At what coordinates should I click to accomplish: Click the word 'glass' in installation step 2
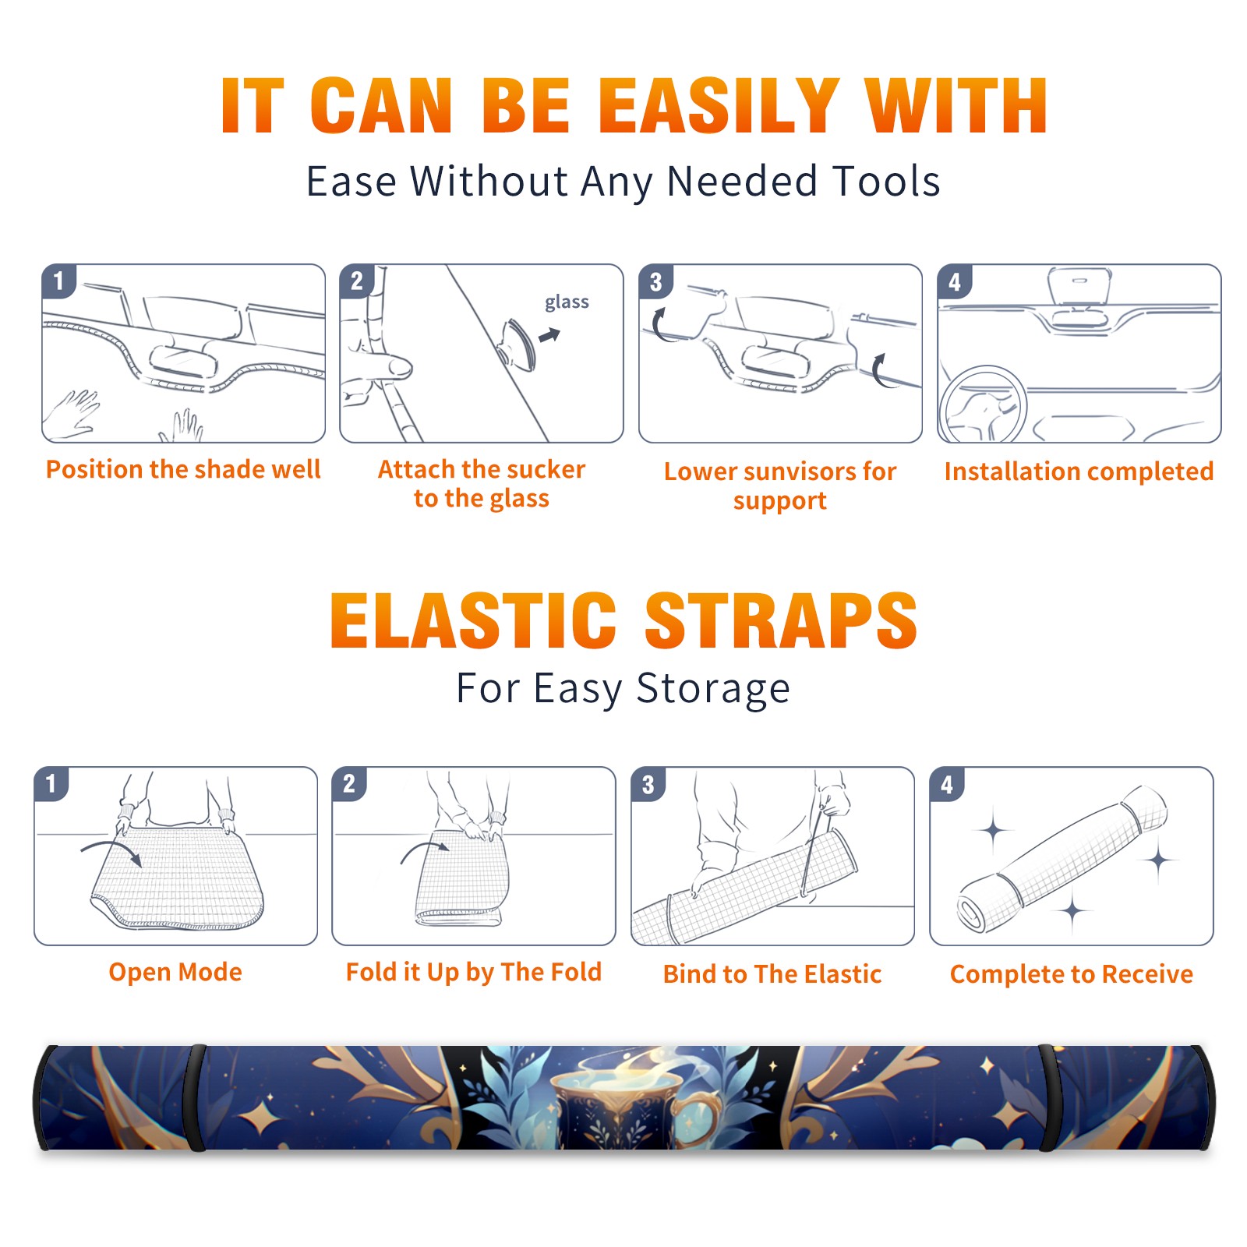(567, 302)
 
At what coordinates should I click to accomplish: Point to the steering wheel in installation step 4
(982, 404)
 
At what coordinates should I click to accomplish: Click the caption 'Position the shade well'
(183, 469)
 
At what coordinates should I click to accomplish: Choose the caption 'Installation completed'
(1079, 472)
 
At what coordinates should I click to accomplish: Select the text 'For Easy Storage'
(623, 689)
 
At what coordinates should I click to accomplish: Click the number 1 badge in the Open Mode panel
(51, 783)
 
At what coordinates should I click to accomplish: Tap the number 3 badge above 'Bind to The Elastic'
(648, 784)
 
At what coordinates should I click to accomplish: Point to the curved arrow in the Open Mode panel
(111, 850)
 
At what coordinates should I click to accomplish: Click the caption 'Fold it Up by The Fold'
(474, 972)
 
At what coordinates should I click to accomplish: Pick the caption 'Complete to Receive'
(1072, 974)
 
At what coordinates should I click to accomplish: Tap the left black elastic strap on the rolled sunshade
(196, 1097)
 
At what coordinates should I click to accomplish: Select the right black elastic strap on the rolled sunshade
(1047, 1097)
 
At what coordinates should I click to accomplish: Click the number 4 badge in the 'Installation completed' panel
(955, 281)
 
